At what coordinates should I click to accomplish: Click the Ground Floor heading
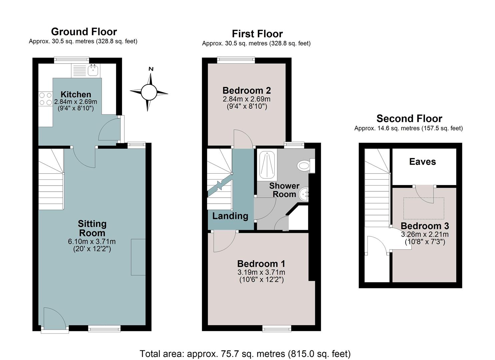click(84, 32)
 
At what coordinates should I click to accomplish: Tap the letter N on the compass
click(151, 69)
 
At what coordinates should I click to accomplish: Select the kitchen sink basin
click(93, 70)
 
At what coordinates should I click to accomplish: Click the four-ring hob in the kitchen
click(46, 99)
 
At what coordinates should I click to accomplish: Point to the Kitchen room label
click(76, 94)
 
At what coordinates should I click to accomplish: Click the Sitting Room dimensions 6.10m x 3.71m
click(92, 242)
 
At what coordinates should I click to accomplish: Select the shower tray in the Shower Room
click(267, 165)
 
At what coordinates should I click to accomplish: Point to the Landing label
click(230, 216)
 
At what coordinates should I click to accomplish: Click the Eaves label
click(423, 162)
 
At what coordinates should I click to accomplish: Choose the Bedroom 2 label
click(247, 90)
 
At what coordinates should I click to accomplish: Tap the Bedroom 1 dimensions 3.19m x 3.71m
click(261, 272)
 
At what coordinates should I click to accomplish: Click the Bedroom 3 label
click(425, 226)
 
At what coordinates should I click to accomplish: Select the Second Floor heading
click(409, 119)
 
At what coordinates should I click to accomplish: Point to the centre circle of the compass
click(149, 92)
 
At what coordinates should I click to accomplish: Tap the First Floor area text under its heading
click(256, 43)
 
